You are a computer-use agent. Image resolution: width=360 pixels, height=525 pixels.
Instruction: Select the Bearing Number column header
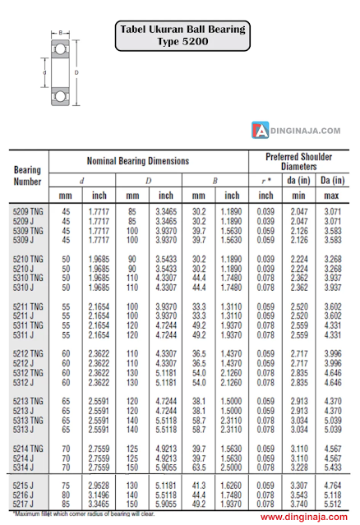coord(27,176)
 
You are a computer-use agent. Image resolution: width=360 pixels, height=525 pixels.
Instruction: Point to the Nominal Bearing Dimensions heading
coord(138,162)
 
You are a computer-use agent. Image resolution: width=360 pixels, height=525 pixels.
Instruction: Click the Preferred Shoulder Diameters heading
coord(298,161)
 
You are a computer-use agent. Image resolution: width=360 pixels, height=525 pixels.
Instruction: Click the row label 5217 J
coord(22,503)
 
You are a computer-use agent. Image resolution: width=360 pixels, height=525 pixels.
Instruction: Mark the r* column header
coord(265,180)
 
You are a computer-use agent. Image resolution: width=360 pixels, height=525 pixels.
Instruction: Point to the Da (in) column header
coord(332,180)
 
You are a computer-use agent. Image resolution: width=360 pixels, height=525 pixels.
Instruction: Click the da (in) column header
coord(298,180)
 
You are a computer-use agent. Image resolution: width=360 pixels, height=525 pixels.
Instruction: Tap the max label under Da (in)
coord(332,196)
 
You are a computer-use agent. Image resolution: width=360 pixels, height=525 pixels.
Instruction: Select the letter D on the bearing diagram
coord(77,71)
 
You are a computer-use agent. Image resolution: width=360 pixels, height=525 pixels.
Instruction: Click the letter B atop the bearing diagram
coord(59,33)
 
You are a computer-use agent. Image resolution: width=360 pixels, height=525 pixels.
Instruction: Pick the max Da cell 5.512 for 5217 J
coord(333,503)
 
